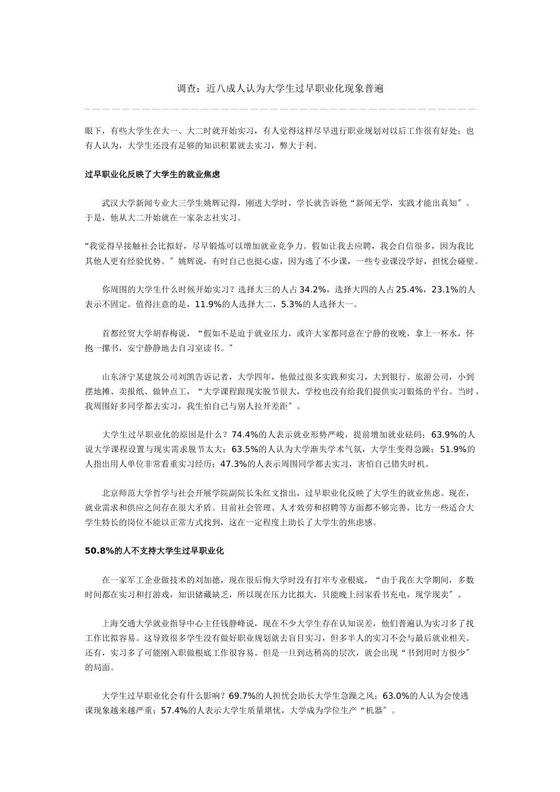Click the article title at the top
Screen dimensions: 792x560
280,89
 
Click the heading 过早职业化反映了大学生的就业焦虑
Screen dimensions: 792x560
152,175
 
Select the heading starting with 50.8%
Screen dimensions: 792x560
154,551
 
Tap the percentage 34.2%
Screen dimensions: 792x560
313,289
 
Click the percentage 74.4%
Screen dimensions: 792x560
246,435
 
